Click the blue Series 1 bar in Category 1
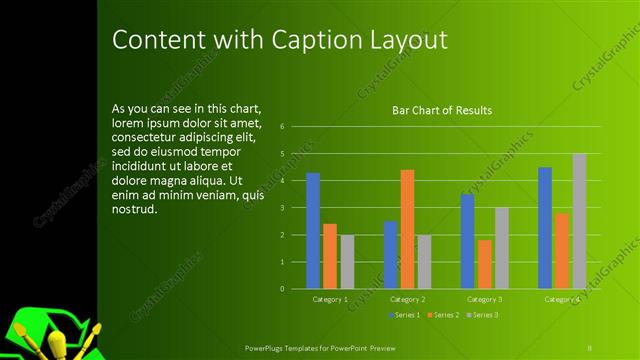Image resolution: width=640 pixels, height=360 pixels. [313, 231]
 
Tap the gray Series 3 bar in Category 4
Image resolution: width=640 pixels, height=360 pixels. [579, 221]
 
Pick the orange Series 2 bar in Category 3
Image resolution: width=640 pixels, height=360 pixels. [484, 264]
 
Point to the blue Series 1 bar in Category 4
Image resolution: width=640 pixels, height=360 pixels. [545, 228]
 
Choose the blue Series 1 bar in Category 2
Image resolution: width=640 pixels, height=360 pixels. [390, 255]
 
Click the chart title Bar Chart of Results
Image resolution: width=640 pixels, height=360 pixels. [441, 110]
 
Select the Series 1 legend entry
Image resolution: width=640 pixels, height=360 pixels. [403, 315]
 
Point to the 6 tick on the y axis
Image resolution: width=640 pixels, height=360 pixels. [283, 127]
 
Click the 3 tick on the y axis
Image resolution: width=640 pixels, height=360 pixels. [283, 208]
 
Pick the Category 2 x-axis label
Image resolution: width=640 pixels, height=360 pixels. [408, 299]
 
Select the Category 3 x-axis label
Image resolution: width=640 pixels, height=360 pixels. [485, 299]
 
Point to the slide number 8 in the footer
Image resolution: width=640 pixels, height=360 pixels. [591, 346]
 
